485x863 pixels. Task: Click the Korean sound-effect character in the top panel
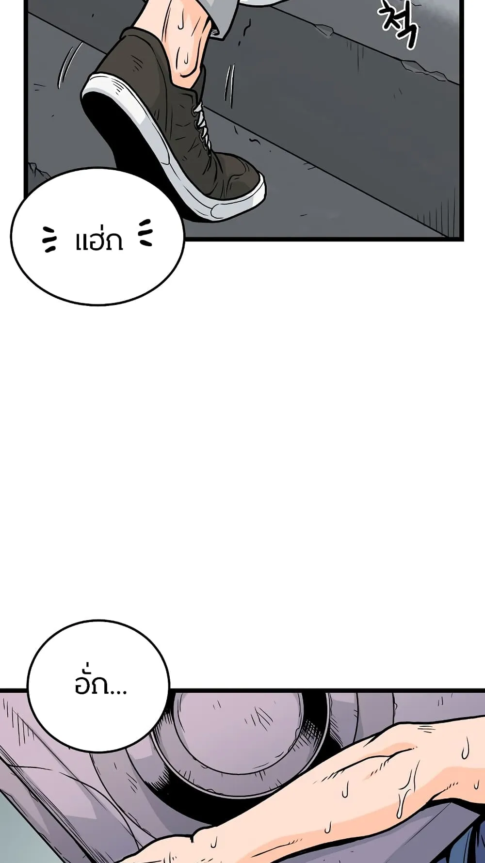[x=398, y=22]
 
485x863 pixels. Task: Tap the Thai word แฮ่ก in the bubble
[x=99, y=240]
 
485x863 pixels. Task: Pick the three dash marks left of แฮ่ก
[x=49, y=239]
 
